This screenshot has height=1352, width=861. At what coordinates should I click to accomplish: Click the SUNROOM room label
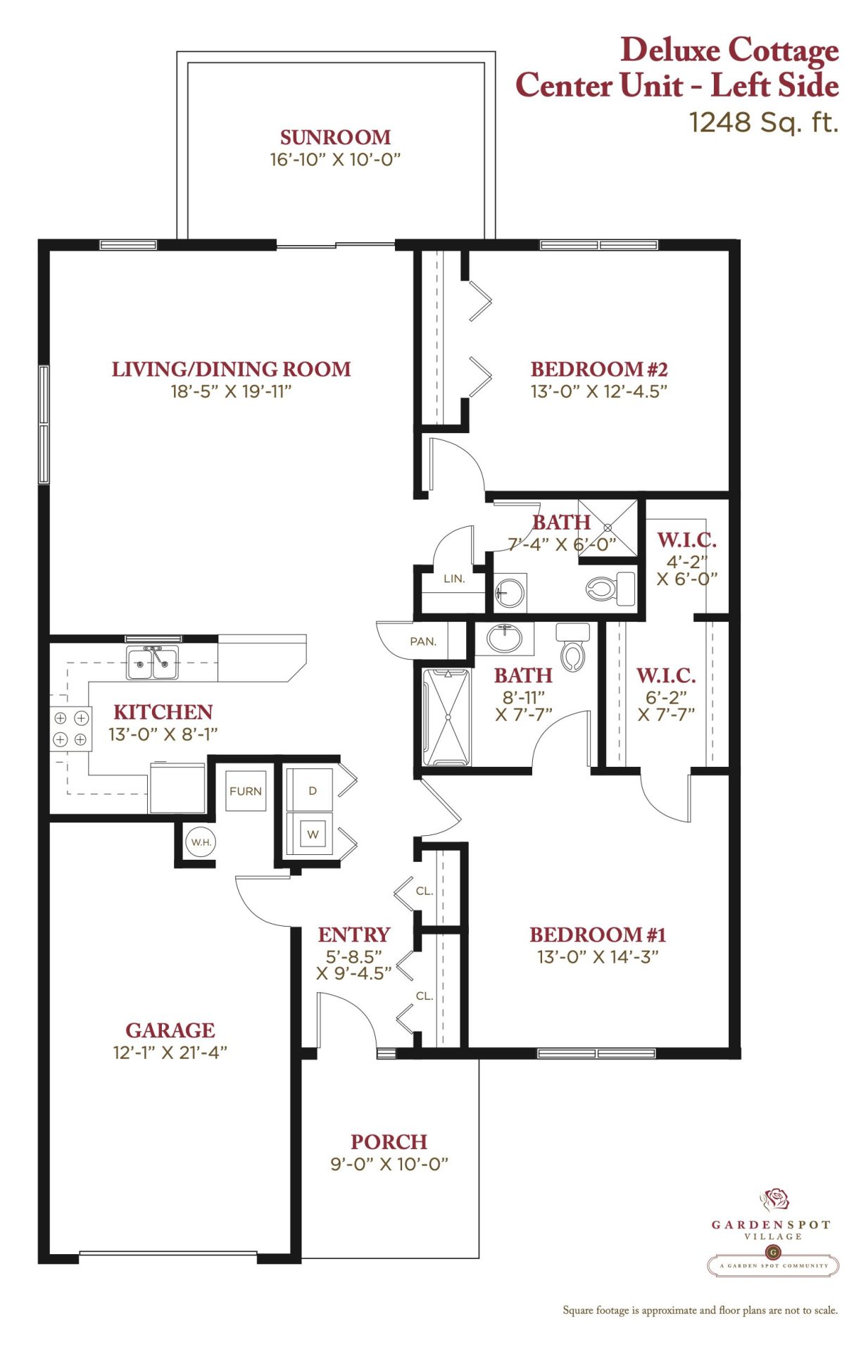pyautogui.click(x=335, y=137)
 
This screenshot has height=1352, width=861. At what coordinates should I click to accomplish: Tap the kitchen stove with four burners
pyautogui.click(x=70, y=729)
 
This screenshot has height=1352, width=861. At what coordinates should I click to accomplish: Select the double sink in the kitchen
pyautogui.click(x=153, y=663)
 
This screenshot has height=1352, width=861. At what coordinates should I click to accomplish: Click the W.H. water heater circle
pyautogui.click(x=201, y=841)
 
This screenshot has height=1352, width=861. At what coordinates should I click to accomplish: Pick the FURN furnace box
pyautogui.click(x=246, y=791)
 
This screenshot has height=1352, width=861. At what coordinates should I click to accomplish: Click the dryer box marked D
pyautogui.click(x=310, y=790)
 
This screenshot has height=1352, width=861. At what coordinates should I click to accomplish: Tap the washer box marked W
pyautogui.click(x=310, y=834)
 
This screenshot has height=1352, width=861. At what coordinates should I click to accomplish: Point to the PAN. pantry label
pyautogui.click(x=423, y=641)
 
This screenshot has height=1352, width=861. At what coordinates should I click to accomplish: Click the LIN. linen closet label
pyautogui.click(x=454, y=579)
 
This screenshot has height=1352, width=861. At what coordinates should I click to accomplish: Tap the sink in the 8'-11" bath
pyautogui.click(x=504, y=639)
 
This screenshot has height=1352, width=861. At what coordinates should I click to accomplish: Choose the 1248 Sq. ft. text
pyautogui.click(x=764, y=123)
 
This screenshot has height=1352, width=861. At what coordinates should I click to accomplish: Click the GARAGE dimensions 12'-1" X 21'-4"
pyautogui.click(x=170, y=1052)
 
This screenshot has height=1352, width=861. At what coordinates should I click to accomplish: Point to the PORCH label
pyautogui.click(x=389, y=1141)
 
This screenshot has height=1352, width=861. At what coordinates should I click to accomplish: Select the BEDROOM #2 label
pyautogui.click(x=599, y=369)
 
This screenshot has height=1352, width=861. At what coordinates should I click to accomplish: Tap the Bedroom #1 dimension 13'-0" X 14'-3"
pyautogui.click(x=598, y=956)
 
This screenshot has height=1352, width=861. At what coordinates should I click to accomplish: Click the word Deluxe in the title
pyautogui.click(x=670, y=50)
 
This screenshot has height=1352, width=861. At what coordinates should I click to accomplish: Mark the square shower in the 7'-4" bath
pyautogui.click(x=608, y=527)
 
